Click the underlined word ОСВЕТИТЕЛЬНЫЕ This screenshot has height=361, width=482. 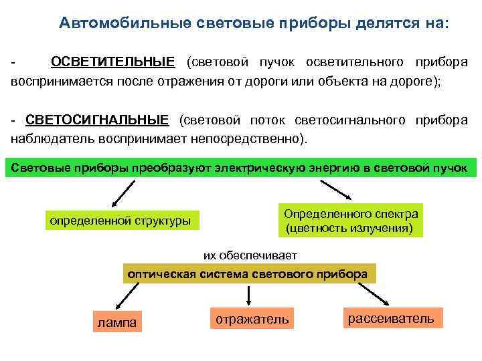coord(112,62)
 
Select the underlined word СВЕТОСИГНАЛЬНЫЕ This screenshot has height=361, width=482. coord(97,120)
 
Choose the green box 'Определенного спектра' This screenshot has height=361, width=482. coord(351,221)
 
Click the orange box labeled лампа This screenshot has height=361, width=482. coord(117,323)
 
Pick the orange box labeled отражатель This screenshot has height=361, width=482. coord(252,320)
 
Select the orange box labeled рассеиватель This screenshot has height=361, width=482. coord(391,318)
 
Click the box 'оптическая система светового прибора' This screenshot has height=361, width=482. coord(247,274)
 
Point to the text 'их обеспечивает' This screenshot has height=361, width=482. coord(250,255)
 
